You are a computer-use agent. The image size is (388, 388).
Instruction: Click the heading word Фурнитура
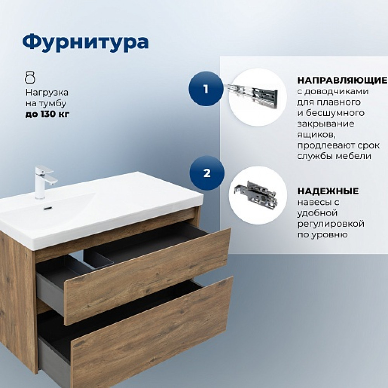85,42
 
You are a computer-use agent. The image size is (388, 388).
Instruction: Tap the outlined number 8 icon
30,78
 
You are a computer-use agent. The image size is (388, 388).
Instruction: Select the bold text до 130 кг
47,114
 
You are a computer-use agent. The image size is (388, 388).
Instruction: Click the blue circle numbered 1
206,89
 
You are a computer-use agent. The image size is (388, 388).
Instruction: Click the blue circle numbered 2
207,173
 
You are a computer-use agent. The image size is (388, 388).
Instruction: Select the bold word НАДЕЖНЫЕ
328,191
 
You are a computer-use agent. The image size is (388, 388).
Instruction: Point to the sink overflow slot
47,208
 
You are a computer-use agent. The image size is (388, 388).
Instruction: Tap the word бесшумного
335,113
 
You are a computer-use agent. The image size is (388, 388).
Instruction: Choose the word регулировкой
331,224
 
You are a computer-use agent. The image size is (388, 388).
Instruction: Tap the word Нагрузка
47,93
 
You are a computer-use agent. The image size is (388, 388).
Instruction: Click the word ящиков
317,135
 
